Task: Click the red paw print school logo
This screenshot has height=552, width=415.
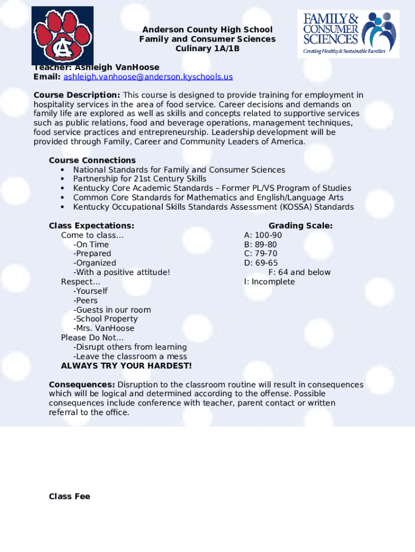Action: click(x=62, y=36)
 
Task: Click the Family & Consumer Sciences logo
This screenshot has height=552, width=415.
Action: click(x=348, y=33)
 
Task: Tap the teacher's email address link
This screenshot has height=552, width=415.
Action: click(x=148, y=77)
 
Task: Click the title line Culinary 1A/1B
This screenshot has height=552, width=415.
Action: click(x=207, y=49)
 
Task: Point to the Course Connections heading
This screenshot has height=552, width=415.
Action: click(x=92, y=160)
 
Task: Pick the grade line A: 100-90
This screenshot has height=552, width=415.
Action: click(x=263, y=236)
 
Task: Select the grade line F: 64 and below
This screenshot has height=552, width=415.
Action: click(x=300, y=272)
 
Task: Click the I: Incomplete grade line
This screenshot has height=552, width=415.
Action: click(x=269, y=282)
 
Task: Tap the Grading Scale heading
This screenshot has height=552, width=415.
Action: click(x=301, y=226)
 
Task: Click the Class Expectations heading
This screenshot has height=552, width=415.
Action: click(x=92, y=226)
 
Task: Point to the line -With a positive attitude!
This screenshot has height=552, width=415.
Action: click(x=122, y=272)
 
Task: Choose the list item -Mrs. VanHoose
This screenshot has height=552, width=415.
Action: click(x=104, y=328)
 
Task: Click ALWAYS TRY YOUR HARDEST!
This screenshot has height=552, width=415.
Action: click(x=126, y=366)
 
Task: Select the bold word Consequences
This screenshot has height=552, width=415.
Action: click(x=81, y=385)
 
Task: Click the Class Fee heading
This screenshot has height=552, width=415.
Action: click(x=70, y=496)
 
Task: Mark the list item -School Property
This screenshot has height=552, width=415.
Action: click(x=106, y=319)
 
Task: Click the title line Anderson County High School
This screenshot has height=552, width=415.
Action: click(x=207, y=30)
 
